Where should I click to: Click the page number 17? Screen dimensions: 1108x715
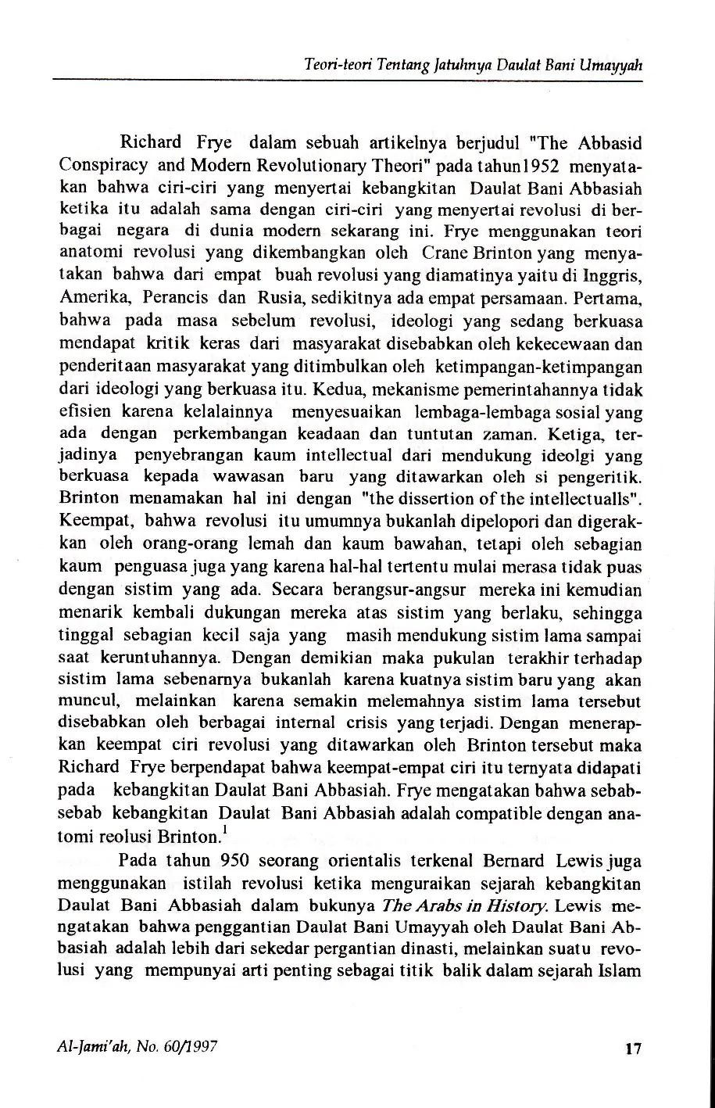(633, 1049)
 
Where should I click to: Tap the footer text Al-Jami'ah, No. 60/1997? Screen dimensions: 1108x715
(138, 1047)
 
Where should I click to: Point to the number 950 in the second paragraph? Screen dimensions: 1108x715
(235, 861)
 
